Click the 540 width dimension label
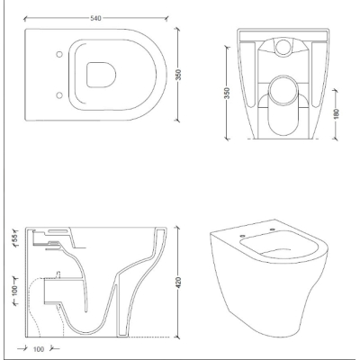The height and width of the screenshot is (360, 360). click(96, 18)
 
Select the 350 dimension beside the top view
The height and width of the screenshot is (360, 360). click(178, 75)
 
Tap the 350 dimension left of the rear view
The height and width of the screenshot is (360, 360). click(227, 93)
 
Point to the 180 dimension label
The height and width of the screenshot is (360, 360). click(336, 113)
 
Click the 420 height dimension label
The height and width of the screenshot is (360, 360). click(178, 283)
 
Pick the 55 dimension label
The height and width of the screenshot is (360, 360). click(15, 238)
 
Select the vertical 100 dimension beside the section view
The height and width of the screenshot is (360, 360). click(15, 291)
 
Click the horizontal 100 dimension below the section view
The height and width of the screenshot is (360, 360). click(39, 349)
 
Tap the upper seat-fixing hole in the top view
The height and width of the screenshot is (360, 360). click(59, 54)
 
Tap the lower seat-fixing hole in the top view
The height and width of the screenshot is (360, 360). click(59, 95)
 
